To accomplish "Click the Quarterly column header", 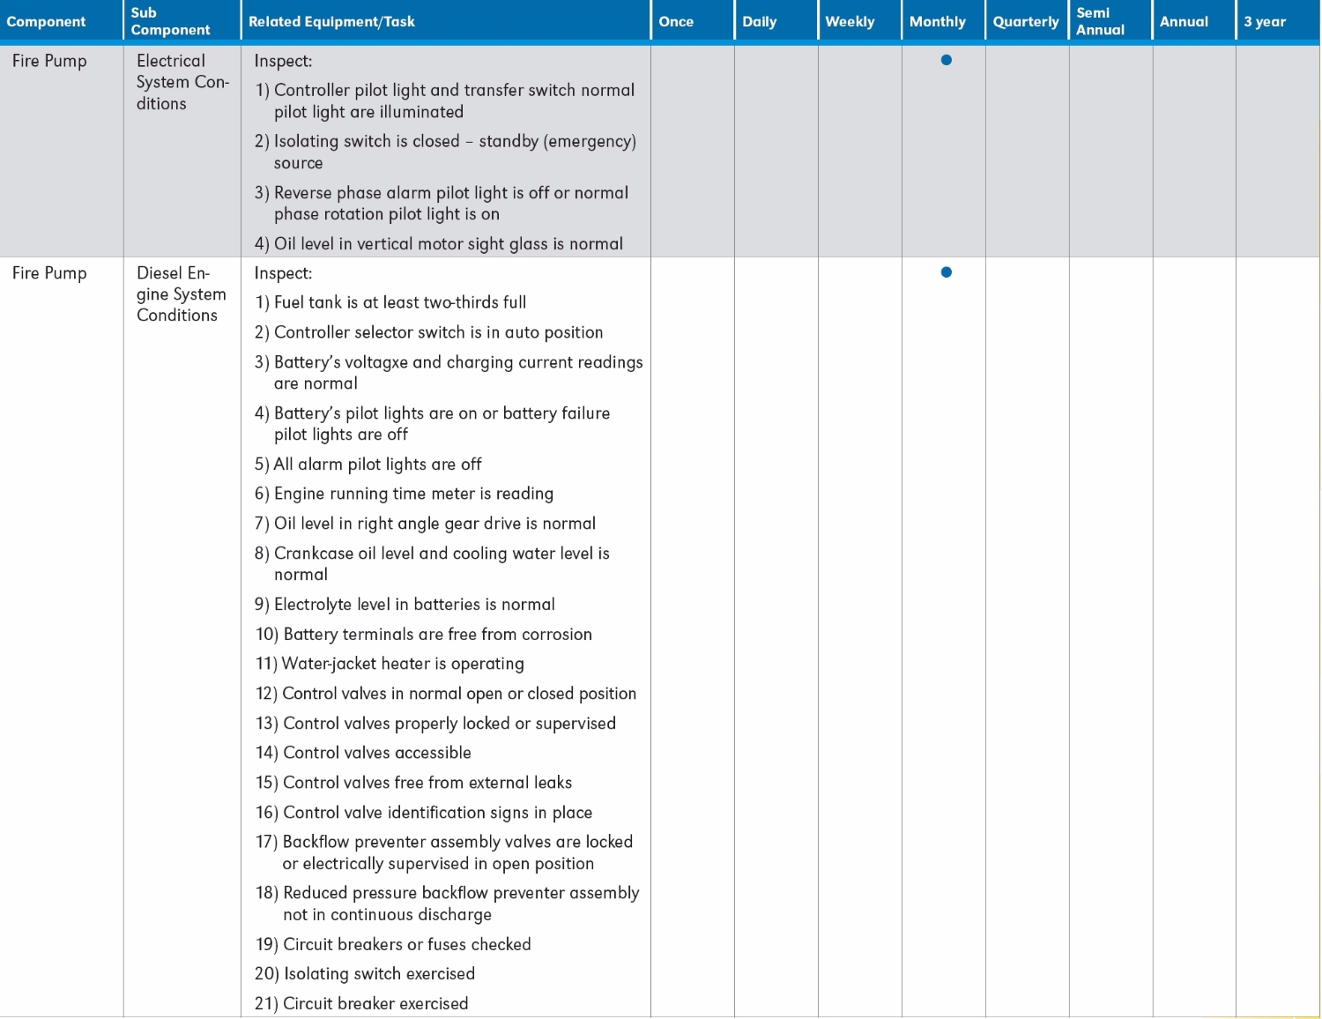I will (1025, 21).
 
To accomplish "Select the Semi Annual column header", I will (1100, 21).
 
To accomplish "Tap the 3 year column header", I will (1264, 21).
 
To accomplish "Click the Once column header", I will (676, 21).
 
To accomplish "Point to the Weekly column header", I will (850, 21).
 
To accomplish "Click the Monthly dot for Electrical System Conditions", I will (946, 60).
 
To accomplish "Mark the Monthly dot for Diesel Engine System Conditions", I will (946, 272).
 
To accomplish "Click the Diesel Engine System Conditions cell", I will (181, 294).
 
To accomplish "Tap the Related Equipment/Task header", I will (331, 21).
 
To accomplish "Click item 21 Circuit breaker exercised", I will (361, 1003).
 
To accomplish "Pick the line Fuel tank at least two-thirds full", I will (390, 302).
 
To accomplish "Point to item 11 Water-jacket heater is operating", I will (390, 664).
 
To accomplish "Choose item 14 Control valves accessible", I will (363, 753).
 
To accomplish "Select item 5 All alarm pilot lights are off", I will (368, 465).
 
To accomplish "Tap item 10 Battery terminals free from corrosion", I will (423, 635).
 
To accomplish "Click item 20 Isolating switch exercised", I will (365, 974).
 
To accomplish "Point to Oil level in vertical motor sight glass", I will (439, 244).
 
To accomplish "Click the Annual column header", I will (1184, 21).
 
